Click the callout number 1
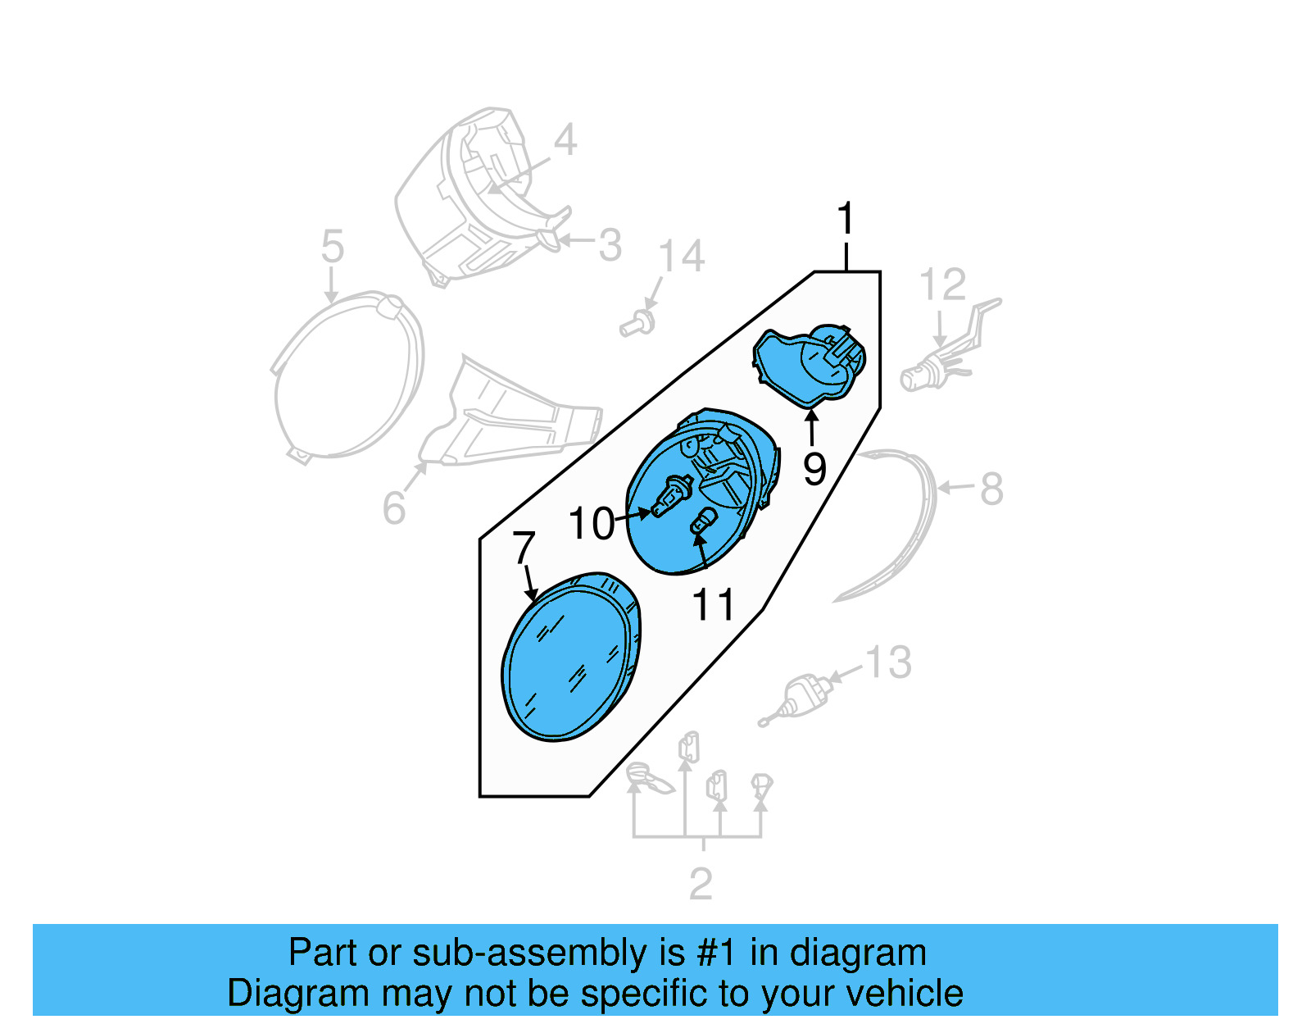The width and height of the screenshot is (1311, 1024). point(846,220)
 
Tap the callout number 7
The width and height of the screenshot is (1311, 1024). point(524,548)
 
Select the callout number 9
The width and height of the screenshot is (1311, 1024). point(814,469)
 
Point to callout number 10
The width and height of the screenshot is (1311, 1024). point(591,524)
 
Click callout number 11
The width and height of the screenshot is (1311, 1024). point(714,606)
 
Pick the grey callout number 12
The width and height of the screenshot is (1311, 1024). point(942,285)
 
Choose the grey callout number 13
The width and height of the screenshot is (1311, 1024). point(889,662)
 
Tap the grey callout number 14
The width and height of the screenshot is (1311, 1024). point(682,257)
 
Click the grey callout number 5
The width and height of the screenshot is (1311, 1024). point(332,246)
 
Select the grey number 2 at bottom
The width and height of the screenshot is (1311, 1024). point(701,884)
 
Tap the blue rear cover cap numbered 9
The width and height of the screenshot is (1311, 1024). point(807,365)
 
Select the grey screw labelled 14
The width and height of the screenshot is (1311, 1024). point(637,324)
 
